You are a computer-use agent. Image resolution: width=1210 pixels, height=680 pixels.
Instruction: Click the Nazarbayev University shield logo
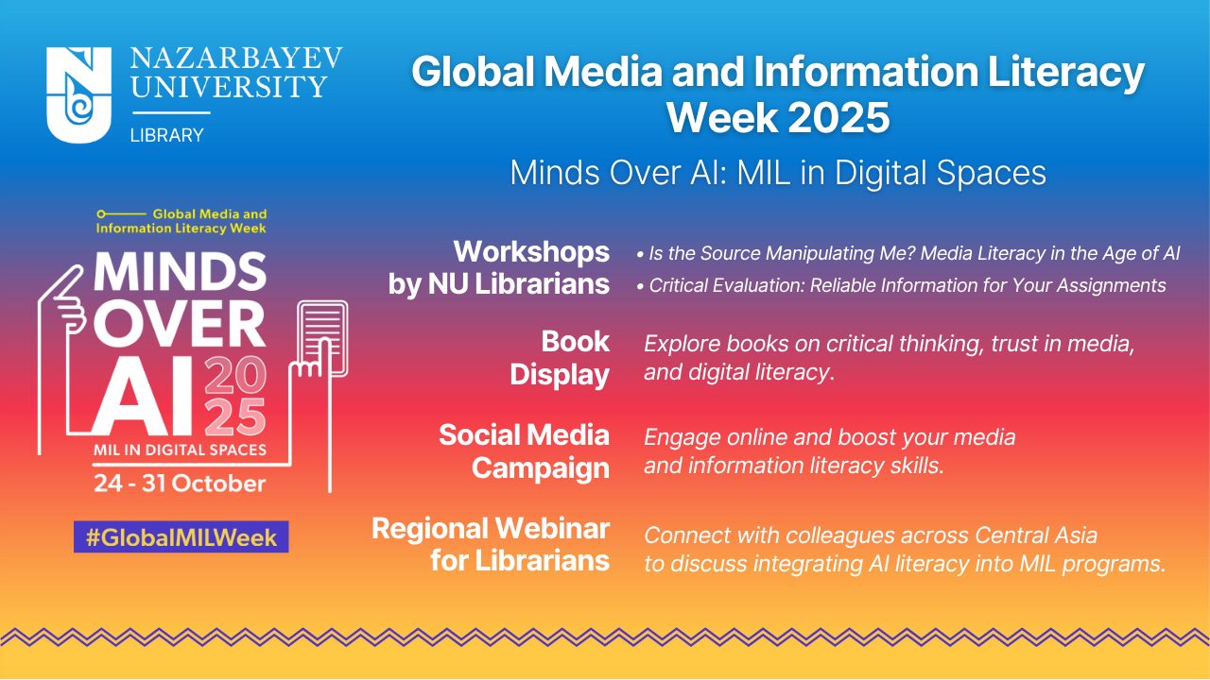tap(78, 94)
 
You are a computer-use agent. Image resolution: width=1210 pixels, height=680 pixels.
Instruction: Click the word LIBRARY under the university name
tap(167, 135)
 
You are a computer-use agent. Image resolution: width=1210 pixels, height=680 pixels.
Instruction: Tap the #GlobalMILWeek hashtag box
tap(181, 537)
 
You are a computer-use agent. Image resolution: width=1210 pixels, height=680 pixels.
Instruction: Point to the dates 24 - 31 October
tap(180, 483)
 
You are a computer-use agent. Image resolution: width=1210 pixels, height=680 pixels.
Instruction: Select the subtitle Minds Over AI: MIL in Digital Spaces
tap(778, 173)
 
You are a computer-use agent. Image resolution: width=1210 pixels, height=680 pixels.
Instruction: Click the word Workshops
tap(531, 251)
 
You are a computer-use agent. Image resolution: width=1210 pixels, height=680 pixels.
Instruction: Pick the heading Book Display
tap(560, 358)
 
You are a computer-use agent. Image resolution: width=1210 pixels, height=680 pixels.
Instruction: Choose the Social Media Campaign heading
tap(525, 451)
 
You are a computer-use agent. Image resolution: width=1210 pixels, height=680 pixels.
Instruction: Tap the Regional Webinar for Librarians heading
tap(491, 545)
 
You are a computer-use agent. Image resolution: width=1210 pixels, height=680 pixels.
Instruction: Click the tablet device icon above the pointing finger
tap(322, 338)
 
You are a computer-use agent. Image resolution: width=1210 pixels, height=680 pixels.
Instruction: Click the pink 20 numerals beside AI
tap(235, 374)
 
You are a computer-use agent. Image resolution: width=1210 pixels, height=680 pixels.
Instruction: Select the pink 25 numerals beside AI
tap(235, 416)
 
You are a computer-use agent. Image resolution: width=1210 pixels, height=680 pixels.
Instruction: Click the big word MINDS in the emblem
tap(180, 271)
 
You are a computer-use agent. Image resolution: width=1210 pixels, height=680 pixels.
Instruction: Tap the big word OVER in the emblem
tap(180, 324)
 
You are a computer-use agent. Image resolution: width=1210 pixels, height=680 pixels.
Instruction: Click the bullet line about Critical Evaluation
tap(901, 285)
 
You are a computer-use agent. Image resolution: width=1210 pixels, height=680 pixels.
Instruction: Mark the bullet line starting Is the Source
tap(908, 253)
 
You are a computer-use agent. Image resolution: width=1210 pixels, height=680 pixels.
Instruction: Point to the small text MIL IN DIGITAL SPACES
tap(180, 450)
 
